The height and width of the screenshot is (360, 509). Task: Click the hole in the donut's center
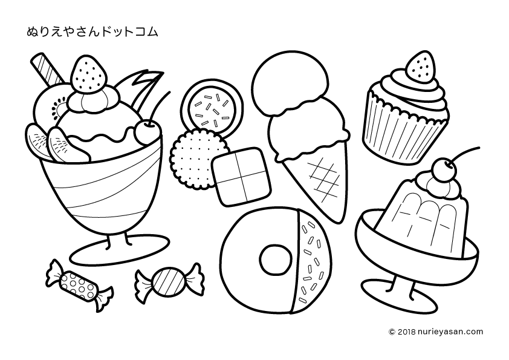point(275,259)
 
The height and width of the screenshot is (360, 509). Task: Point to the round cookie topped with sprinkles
point(212,108)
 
